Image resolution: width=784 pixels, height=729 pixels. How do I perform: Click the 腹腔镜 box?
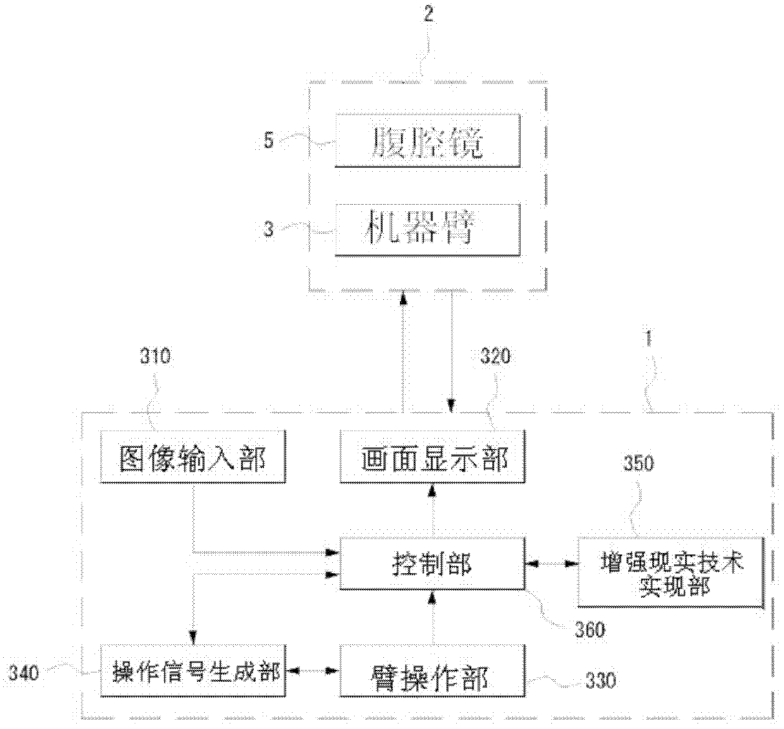[427, 141]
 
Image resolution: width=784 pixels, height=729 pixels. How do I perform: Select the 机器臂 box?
[427, 230]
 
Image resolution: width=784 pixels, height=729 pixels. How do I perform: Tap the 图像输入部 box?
[193, 457]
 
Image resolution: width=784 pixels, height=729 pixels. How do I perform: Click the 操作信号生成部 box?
[193, 671]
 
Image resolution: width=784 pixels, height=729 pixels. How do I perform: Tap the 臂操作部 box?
[432, 671]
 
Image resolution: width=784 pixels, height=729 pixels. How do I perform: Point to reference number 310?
[155, 356]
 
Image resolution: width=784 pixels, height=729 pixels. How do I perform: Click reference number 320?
[495, 356]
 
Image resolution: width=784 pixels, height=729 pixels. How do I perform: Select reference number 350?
[639, 463]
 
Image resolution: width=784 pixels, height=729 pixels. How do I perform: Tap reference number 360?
[589, 630]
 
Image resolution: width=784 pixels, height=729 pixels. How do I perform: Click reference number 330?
[600, 680]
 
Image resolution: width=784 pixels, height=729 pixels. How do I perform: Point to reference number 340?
[23, 672]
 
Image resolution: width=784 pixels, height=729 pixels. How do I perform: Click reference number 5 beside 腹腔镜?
[269, 140]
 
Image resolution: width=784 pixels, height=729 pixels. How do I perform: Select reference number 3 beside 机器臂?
[269, 229]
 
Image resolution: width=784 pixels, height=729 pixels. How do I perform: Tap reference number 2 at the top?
[429, 14]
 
